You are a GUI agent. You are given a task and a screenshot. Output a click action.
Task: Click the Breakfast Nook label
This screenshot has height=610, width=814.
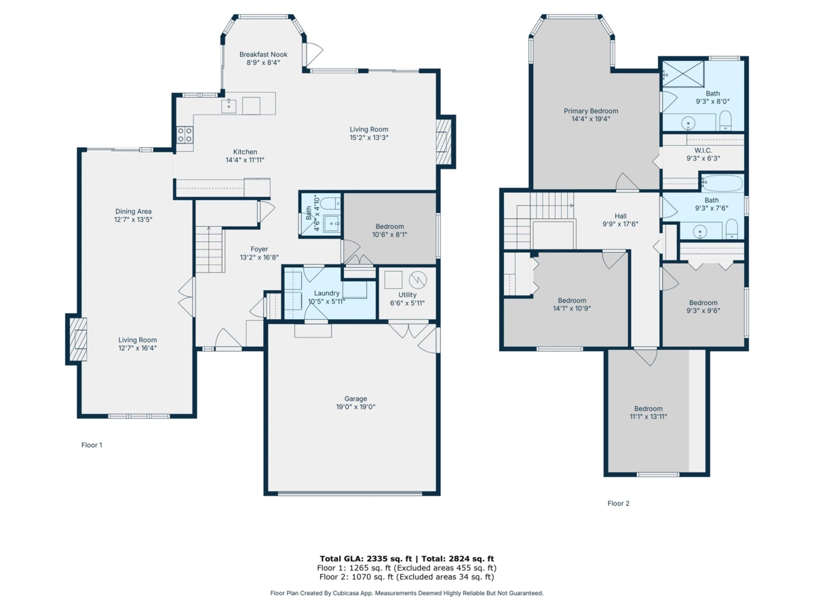[263, 54]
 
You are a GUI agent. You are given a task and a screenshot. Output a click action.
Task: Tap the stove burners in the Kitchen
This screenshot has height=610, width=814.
[185, 135]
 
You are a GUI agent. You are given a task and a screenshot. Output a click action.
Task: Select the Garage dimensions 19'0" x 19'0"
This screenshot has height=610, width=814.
[355, 407]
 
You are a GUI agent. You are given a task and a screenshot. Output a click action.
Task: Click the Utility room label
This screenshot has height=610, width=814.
[407, 295]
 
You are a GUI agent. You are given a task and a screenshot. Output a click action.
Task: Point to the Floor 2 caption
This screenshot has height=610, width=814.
[618, 504]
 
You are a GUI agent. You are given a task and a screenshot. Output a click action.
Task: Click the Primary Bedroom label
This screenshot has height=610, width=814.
[591, 111]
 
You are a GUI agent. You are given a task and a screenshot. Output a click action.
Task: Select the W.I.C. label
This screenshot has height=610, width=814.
[703, 150]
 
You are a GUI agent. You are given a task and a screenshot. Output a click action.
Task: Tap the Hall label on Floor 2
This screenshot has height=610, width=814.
[621, 216]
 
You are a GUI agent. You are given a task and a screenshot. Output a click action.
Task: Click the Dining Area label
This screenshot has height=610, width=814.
[133, 211]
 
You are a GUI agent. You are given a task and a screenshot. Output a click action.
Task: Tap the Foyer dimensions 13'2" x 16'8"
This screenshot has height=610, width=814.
[259, 258]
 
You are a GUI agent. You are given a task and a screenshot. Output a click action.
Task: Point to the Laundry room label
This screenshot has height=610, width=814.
[326, 293]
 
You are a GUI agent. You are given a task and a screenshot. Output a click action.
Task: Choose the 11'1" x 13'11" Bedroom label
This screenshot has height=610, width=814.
[648, 409]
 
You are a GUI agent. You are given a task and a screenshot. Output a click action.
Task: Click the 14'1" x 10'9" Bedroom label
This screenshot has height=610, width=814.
[572, 300]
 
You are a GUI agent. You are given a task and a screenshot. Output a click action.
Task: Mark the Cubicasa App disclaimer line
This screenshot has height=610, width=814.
[407, 593]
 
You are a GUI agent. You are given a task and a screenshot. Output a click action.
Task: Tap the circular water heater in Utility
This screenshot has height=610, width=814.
[418, 279]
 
